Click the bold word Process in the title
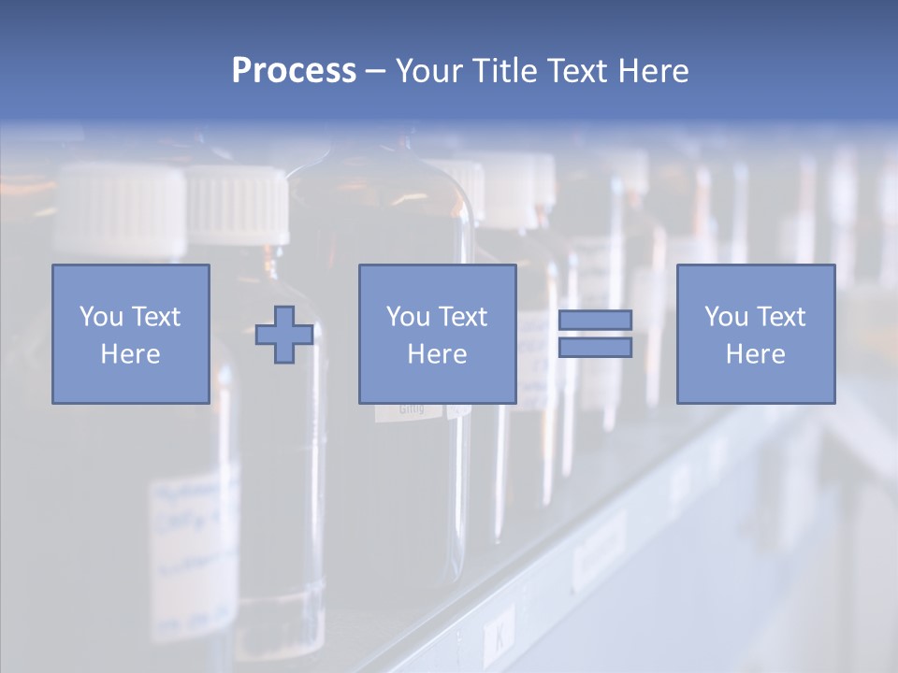[x=294, y=71]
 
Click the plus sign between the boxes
[x=284, y=335]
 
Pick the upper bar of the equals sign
[x=595, y=320]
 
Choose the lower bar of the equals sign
[x=595, y=348]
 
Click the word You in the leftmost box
[x=99, y=317]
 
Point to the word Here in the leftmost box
[x=130, y=354]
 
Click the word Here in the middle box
[x=437, y=354]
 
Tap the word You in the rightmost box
[x=725, y=317]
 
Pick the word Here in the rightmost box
[x=755, y=354]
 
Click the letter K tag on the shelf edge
[x=500, y=639]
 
